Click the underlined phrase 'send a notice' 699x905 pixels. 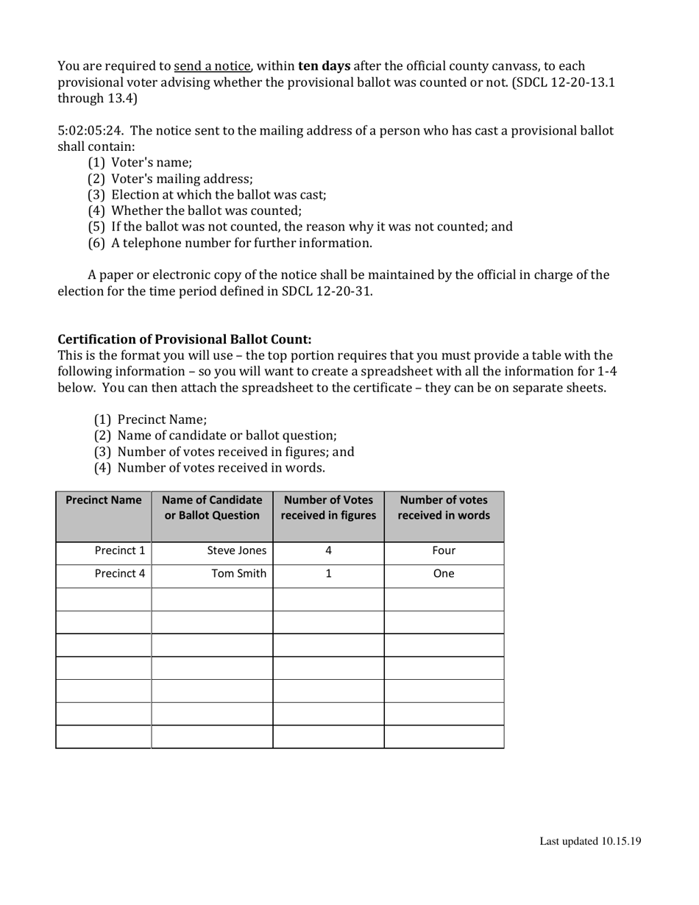(x=212, y=66)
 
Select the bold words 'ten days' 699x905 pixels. (x=324, y=66)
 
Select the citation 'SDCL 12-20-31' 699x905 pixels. (x=326, y=291)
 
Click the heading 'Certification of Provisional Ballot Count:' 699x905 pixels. (x=185, y=339)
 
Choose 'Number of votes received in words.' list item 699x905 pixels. (x=221, y=467)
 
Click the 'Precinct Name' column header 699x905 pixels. (x=104, y=500)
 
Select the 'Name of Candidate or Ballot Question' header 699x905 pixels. (x=212, y=508)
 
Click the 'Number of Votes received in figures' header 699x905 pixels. (x=328, y=508)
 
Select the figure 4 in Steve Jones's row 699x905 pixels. (x=328, y=550)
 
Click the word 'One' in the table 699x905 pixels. (x=444, y=574)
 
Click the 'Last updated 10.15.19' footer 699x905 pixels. (x=590, y=841)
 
